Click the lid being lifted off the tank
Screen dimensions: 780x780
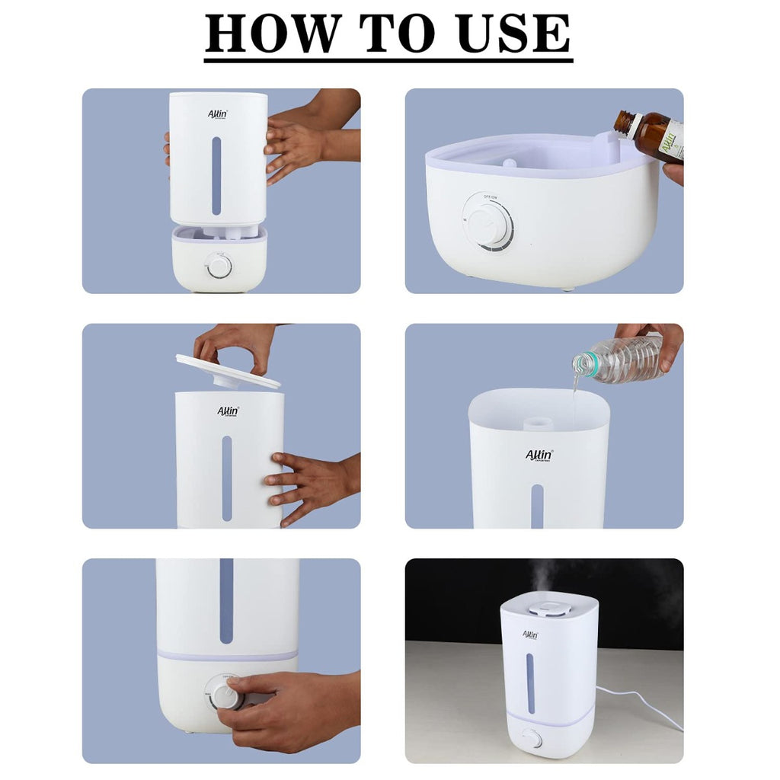point(227,372)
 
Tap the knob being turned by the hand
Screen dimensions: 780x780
point(226,694)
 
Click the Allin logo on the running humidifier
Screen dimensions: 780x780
point(530,635)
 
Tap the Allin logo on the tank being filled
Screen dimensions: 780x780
point(539,456)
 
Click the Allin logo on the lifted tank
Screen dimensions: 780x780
point(218,114)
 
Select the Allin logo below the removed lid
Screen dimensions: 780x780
point(228,411)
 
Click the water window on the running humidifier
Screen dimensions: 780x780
point(530,682)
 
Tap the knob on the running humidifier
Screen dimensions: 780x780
point(531,737)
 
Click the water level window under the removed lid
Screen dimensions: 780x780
point(227,478)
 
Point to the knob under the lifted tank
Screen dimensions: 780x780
point(219,266)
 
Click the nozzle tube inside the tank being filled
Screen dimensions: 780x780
point(539,420)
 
